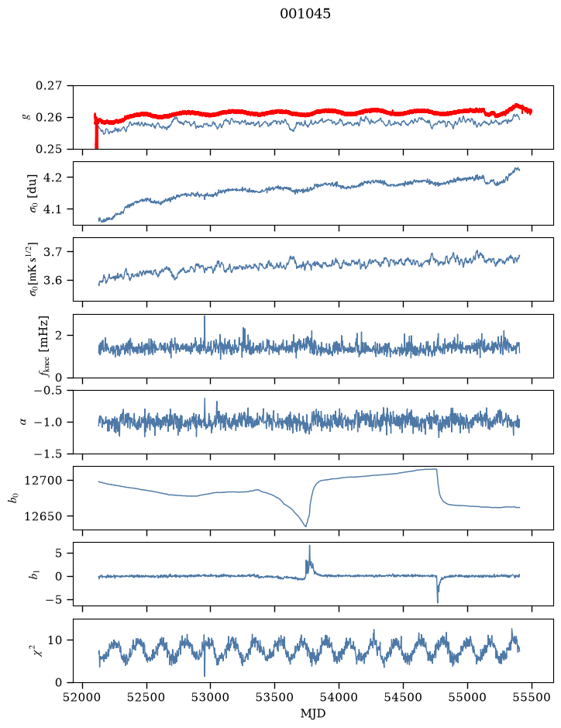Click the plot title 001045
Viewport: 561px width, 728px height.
coord(305,14)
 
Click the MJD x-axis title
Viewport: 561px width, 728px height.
coord(313,712)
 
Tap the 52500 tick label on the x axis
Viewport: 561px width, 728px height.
coord(146,697)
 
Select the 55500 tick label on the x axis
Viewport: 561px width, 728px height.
coord(532,697)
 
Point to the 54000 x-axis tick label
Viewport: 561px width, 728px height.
coord(339,697)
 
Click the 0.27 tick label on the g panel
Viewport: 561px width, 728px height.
coord(49,86)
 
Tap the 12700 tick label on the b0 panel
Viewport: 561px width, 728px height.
coord(43,481)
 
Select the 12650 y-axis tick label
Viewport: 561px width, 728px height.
coord(43,516)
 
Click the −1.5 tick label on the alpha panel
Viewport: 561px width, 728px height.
coord(48,454)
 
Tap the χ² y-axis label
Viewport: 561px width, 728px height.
coord(40,650)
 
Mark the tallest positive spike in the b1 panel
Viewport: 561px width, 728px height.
coord(309,546)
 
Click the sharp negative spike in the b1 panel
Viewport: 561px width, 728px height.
coord(438,602)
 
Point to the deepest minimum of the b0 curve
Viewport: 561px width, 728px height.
coord(306,526)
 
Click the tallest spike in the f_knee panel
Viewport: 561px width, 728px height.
coord(205,316)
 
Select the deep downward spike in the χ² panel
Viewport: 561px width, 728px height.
coord(205,676)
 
